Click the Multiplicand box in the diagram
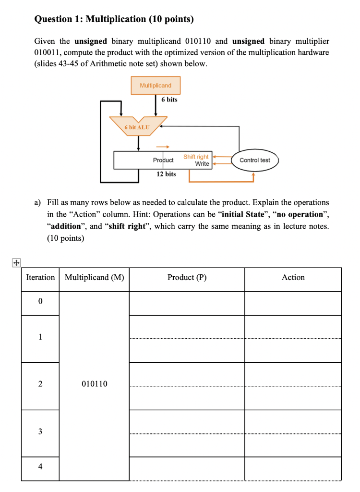point(156,85)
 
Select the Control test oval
point(254,160)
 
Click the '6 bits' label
point(169,99)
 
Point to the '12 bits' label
point(166,174)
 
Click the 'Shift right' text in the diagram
point(196,157)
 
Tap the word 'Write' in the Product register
point(202,164)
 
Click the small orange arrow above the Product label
point(163,147)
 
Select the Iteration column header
point(40,278)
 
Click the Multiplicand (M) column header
point(94,278)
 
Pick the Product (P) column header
point(187,278)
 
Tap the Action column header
point(293,278)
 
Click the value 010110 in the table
point(95,384)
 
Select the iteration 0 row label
point(40,302)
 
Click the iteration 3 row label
point(40,431)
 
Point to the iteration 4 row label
point(40,467)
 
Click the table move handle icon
point(16,263)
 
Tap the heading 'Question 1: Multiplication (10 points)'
point(114,19)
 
